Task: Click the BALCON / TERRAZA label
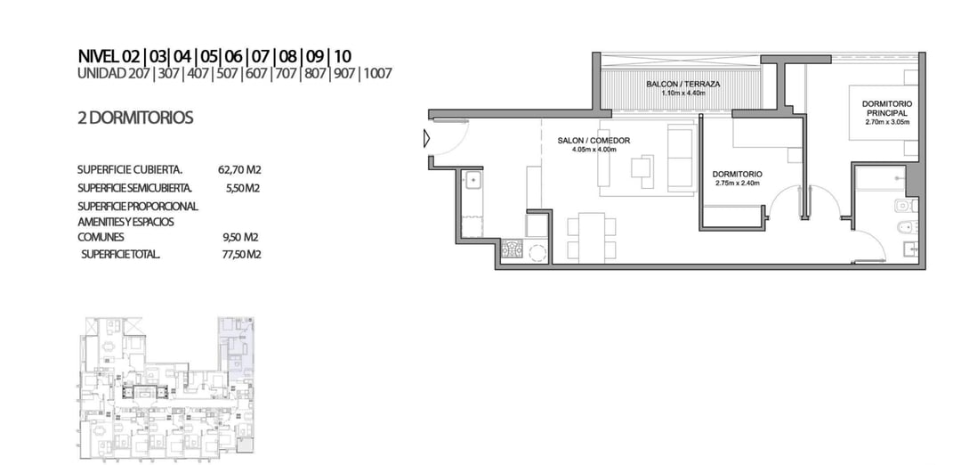coord(682,84)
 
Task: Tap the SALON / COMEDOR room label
coord(594,141)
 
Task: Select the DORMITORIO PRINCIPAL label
coord(886,109)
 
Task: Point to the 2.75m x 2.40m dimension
coord(738,183)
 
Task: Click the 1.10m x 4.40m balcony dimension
coord(683,94)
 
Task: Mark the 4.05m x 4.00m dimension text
coord(594,149)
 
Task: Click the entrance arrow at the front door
coord(427,139)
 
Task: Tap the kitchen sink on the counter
coord(473,180)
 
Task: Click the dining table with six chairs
coord(592,236)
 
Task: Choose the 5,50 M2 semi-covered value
coord(243,188)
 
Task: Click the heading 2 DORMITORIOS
coord(135,118)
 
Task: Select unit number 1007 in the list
coord(377,74)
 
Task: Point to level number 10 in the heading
coord(343,57)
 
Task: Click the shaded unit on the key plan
coord(237,347)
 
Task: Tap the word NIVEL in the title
coord(99,57)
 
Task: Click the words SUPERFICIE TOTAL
coord(121,254)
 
